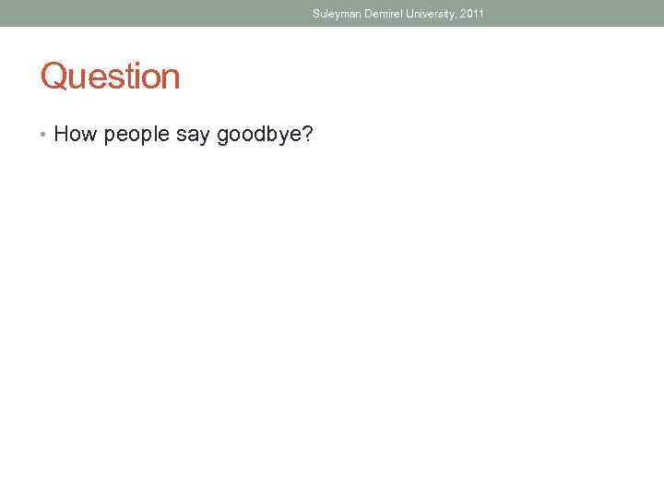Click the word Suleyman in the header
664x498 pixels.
pos(336,14)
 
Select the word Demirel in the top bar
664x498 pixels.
pos(383,14)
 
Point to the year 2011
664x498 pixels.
pos(471,14)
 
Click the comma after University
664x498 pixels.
pos(456,17)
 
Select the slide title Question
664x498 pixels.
pos(110,77)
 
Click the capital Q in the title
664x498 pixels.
pos(53,77)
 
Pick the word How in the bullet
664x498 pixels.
pos(76,135)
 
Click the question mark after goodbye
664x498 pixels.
pos(308,135)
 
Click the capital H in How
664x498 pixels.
pos(62,135)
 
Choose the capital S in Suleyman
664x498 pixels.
pos(316,14)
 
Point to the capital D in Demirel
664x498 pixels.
pos(367,14)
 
